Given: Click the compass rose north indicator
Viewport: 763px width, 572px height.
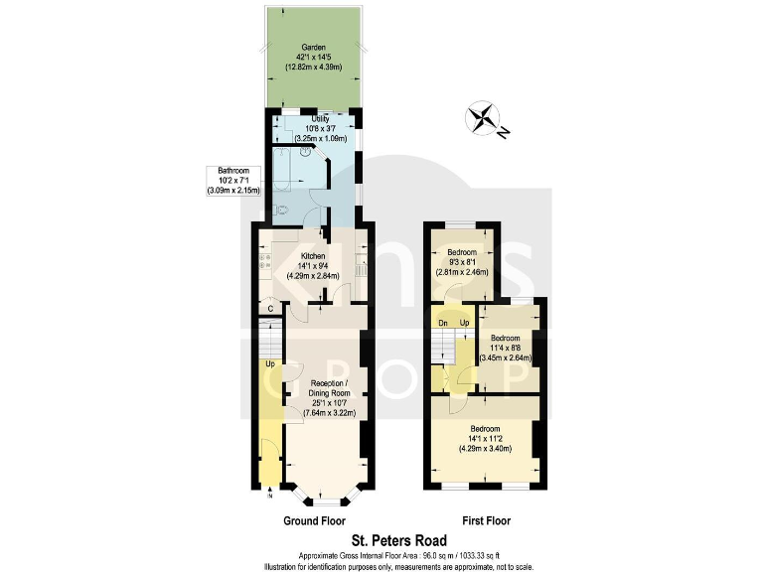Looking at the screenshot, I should [x=487, y=119].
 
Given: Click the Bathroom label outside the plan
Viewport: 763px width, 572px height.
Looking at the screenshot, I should [x=233, y=180].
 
